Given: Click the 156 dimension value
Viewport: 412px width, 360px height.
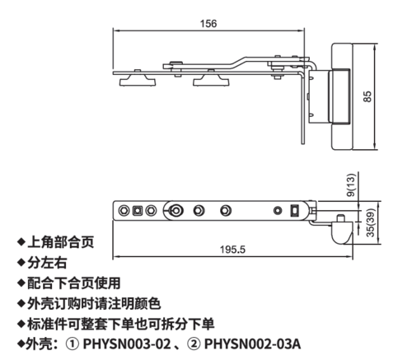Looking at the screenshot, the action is pos(208,24).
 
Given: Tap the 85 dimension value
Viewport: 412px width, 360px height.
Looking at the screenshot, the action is pos(368,96).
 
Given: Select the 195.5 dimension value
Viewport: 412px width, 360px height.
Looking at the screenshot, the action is pos(232,250).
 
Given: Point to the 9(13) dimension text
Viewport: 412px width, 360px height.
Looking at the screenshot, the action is pos(351,185).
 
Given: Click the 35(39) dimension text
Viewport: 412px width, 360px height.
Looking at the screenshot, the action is pos(371,222).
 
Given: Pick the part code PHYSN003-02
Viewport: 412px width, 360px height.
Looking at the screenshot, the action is pos(127,344).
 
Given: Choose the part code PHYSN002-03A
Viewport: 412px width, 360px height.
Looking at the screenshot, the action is pos(252,344).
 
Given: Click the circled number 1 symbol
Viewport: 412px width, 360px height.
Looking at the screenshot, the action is pos(73,344).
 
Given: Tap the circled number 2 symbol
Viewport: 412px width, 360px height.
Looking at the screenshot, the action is pos(194,344).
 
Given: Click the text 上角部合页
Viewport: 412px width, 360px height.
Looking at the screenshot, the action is pos(60,242).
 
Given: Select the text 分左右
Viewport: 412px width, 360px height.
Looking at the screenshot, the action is pos(47,263).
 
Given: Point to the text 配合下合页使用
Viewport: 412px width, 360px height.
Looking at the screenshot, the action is pos(73,283).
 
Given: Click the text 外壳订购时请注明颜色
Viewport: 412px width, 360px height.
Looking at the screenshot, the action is pos(94,303).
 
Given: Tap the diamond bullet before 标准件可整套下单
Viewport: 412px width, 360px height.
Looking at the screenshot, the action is pos(21,324).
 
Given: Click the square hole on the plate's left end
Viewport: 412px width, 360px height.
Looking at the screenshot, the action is pos(137,211).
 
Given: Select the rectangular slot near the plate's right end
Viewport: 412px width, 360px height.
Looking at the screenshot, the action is pos(294,211).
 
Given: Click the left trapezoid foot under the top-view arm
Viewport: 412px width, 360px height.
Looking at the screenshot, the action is pos(138,81).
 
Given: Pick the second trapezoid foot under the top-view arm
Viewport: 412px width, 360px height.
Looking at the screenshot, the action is pos(211,81).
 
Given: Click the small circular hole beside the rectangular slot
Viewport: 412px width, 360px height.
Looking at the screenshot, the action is pos(278,211).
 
